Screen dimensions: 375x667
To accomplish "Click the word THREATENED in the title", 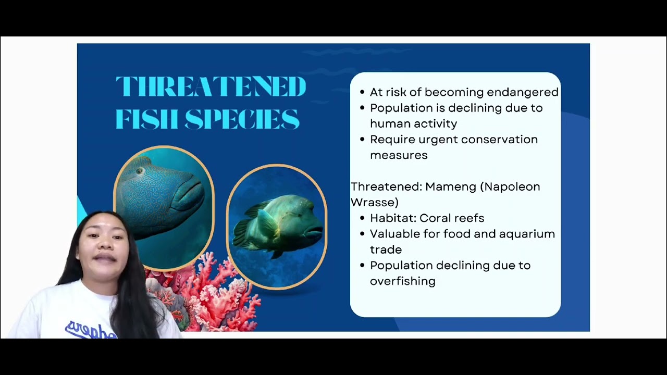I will [211, 86].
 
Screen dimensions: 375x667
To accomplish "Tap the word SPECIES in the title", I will [242, 119].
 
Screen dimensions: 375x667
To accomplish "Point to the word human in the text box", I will [389, 123].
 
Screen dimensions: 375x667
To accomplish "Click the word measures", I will [399, 155].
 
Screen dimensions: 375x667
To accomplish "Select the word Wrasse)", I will [374, 202].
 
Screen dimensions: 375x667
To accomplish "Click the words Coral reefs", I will [452, 218].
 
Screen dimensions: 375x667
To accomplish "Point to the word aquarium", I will [527, 234].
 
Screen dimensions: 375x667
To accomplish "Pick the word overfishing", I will [402, 281].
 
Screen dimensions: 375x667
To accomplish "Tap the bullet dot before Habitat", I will [362, 219].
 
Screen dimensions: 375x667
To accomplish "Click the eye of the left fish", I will [139, 171].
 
